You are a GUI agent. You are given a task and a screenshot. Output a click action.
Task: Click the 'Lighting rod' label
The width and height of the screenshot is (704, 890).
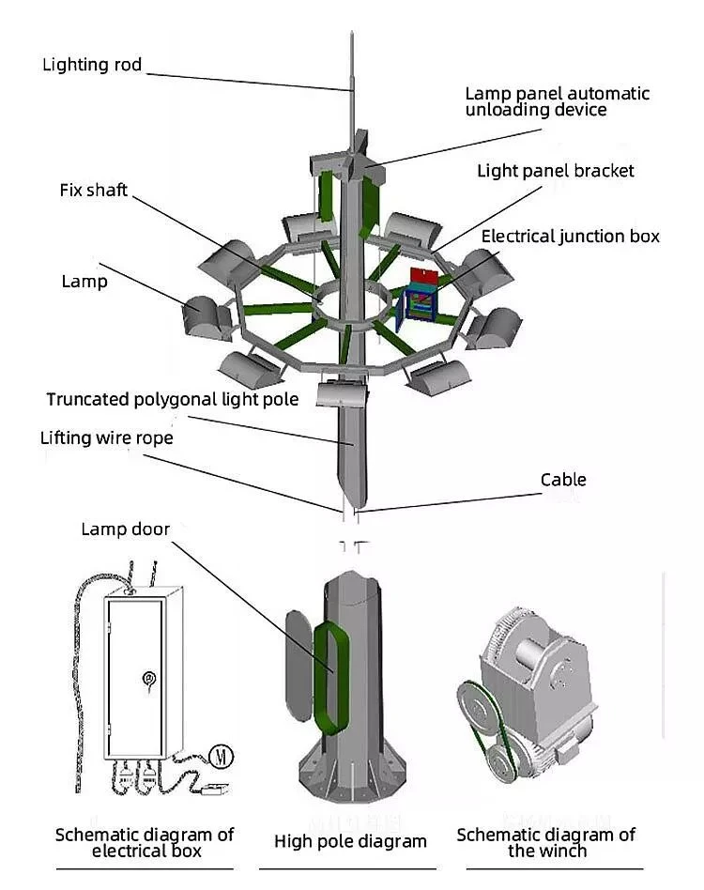[x=92, y=66]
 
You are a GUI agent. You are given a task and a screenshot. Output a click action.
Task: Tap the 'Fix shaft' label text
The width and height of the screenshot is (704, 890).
[x=94, y=191]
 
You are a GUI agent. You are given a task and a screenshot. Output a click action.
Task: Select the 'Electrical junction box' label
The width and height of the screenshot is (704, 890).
[x=570, y=237]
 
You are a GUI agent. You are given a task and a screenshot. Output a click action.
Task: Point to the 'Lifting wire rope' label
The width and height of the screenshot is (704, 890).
[x=107, y=438]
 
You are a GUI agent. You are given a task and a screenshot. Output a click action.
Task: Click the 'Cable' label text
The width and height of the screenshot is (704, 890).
[x=563, y=480]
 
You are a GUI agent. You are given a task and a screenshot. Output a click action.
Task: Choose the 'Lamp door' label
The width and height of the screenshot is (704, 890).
[x=126, y=529]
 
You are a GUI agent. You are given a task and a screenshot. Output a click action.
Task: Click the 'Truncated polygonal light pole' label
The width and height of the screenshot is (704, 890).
[x=173, y=400]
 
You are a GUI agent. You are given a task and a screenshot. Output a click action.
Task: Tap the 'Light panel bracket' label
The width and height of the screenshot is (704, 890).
[x=556, y=171]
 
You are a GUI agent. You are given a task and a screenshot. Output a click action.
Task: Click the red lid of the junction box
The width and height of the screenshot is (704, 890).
[x=425, y=276]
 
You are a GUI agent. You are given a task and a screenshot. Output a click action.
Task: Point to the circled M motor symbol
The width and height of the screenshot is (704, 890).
[x=222, y=756]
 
